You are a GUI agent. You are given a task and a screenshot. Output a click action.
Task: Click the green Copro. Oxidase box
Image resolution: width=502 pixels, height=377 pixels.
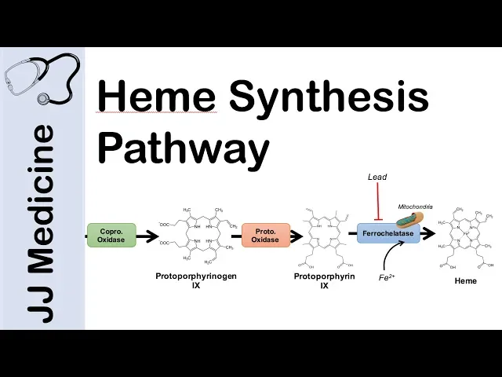click(x=111, y=235)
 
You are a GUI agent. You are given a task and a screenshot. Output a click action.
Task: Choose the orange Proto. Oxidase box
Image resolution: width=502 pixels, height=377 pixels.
click(x=266, y=235)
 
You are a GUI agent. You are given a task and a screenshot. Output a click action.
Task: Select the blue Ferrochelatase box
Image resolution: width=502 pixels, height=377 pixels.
click(x=388, y=233)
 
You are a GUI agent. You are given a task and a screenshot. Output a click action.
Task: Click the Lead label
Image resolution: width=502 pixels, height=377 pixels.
click(x=377, y=178)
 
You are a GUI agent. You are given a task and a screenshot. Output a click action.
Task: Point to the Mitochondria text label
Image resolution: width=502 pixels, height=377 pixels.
click(x=416, y=207)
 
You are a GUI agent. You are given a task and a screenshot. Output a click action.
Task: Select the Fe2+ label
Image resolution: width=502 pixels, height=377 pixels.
click(x=385, y=277)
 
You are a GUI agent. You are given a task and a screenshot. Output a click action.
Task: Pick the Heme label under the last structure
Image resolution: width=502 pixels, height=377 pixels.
click(x=466, y=280)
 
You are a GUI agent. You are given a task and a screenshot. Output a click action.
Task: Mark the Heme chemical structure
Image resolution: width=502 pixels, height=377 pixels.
click(x=466, y=235)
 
